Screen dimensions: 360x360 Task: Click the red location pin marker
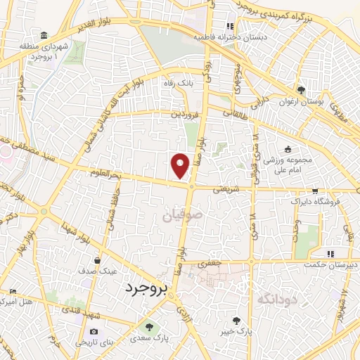coord(181,165)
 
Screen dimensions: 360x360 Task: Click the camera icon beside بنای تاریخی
coord(94,331)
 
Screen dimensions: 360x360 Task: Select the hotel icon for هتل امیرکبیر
coord(12,291)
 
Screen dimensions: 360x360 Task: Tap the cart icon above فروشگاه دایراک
coord(315,191)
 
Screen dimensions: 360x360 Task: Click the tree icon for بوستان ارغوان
coord(301,90)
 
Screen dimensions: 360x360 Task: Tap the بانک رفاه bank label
coord(178,83)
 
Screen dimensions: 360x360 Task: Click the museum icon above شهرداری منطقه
coord(45,37)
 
